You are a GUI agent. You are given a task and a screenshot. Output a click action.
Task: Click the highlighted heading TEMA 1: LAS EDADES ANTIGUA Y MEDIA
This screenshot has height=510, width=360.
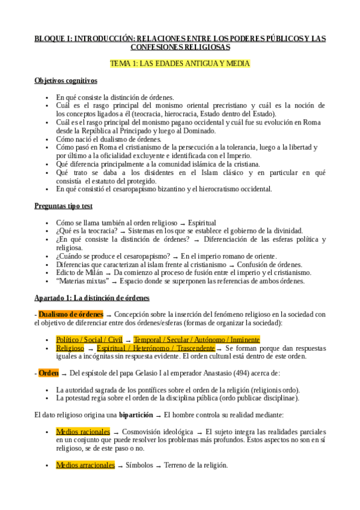180,63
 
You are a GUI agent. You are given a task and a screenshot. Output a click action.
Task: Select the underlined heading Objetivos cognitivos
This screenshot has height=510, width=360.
66,81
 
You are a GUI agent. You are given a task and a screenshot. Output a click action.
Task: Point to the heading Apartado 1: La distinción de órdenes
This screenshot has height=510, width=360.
92,298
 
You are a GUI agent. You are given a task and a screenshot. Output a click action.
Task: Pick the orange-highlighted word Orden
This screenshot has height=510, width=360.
48,373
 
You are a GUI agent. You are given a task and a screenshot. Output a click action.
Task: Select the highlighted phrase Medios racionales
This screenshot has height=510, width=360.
83,431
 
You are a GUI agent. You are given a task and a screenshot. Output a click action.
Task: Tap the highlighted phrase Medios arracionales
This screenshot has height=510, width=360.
85,464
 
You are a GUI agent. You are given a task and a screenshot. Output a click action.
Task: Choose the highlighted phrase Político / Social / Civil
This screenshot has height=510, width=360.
89,339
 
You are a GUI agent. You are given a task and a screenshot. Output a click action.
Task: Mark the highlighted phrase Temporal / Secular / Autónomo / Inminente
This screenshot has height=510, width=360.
197,339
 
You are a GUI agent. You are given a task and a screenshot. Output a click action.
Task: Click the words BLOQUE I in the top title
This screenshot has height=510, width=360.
53,38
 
